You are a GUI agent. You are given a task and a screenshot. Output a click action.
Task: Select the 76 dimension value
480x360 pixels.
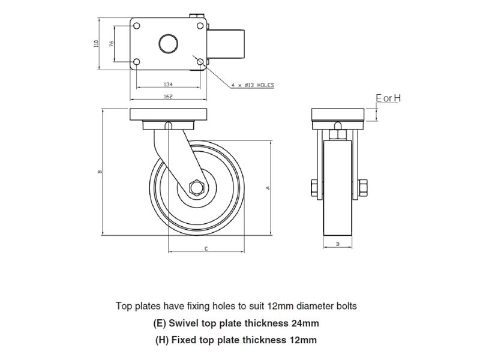[x=112, y=43]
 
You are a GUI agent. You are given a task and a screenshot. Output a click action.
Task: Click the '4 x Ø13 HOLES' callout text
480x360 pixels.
[x=252, y=86]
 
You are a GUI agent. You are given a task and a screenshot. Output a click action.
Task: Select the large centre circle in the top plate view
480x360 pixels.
[x=167, y=44]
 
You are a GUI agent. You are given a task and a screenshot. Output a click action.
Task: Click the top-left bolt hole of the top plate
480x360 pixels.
[x=137, y=26]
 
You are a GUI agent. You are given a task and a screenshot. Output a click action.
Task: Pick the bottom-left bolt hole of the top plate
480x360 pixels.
[x=137, y=62]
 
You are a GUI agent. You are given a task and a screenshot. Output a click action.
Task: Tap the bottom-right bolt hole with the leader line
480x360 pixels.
[x=199, y=62]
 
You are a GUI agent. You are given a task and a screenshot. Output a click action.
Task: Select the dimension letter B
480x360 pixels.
[x=100, y=172]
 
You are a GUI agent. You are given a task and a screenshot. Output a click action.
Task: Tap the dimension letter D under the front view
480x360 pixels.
[x=338, y=244]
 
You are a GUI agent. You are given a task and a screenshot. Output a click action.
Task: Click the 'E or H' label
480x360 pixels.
[x=386, y=98]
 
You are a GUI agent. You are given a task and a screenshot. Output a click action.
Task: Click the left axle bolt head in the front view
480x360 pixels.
[x=314, y=188]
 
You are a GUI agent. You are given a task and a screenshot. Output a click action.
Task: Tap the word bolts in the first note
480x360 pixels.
[x=345, y=306]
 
